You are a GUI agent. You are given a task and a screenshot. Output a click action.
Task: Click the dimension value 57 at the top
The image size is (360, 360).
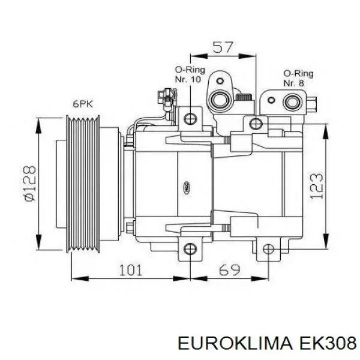pos(223,47)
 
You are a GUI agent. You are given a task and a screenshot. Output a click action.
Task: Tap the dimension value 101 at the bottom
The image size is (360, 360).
pos(131,270)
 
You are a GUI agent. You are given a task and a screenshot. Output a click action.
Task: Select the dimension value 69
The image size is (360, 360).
pos(229,270)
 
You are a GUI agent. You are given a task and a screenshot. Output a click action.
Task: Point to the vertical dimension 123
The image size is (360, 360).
pos(316,186)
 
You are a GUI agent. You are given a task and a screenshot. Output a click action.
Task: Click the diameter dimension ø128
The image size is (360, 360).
pos(31,183)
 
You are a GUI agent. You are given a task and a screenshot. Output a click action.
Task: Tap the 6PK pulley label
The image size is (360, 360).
pos(83,104)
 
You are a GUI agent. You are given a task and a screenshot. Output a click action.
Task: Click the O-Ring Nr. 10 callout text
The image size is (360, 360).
pos(190,74)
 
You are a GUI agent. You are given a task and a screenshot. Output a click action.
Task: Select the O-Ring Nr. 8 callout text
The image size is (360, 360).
pos(298,78)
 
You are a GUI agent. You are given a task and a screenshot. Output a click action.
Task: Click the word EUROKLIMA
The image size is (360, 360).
pos(235,343)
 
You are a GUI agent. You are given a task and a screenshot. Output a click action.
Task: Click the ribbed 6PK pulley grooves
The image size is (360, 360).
pos(83,184)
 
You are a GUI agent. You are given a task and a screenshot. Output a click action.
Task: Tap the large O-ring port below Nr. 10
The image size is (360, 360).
pos(220,100)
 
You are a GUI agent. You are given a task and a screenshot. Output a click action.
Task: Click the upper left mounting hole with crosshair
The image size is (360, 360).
pos(190,119)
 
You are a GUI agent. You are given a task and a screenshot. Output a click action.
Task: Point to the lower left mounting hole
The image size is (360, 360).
pos(190,249)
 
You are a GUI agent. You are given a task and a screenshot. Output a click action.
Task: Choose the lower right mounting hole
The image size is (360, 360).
pos(268,249)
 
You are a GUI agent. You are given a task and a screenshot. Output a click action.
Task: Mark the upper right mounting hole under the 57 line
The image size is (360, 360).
pos(256,124)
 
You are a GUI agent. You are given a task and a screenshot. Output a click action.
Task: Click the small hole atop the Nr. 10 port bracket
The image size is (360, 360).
pos(220,81)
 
